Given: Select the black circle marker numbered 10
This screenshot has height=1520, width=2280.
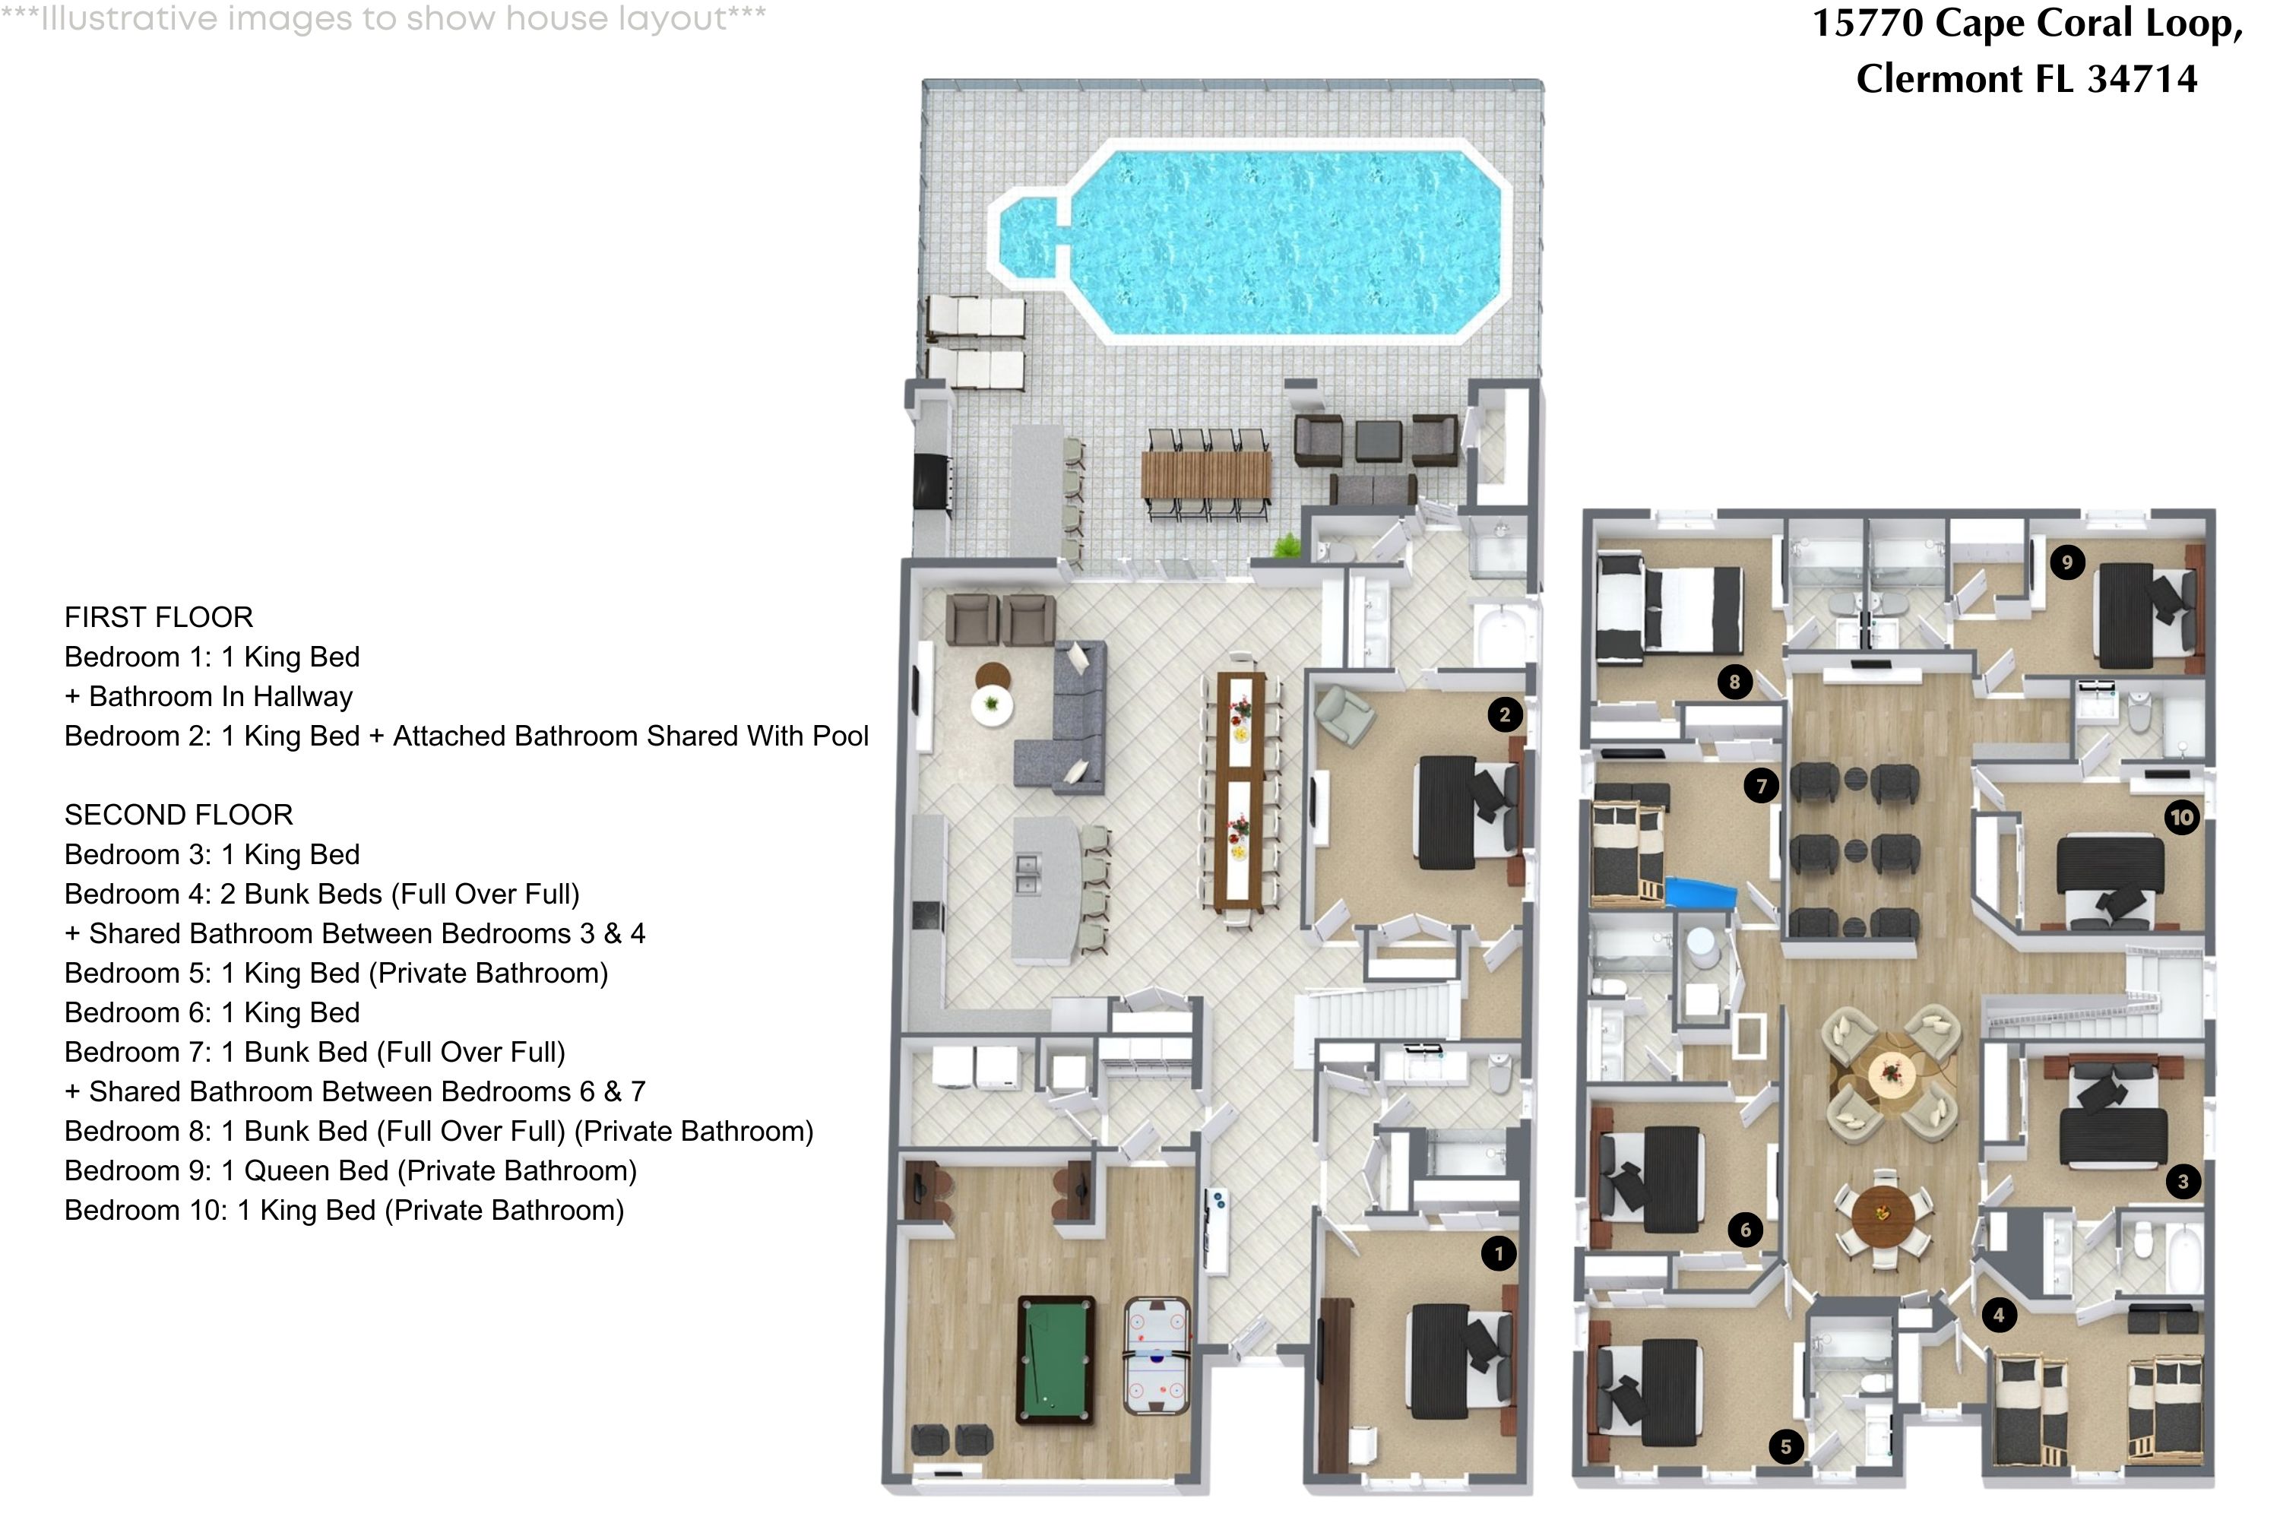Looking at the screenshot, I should tap(2181, 817).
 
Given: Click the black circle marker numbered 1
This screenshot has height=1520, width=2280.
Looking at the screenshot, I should tap(1499, 1253).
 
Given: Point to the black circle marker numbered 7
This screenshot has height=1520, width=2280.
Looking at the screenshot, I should tap(1762, 785).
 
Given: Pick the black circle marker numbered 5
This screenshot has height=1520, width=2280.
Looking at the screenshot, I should tap(1785, 1447).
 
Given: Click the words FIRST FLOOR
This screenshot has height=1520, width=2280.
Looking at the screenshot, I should tap(159, 617).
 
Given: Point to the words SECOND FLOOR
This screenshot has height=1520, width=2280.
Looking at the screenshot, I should tap(179, 814).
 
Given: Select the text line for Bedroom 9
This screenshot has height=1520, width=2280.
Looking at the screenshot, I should tap(350, 1171).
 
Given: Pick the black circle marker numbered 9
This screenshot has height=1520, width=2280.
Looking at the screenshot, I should tap(2066, 562).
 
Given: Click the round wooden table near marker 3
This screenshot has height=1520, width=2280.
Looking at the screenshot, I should tap(1883, 1213).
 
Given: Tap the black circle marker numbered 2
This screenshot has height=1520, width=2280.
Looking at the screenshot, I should tap(1505, 715).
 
